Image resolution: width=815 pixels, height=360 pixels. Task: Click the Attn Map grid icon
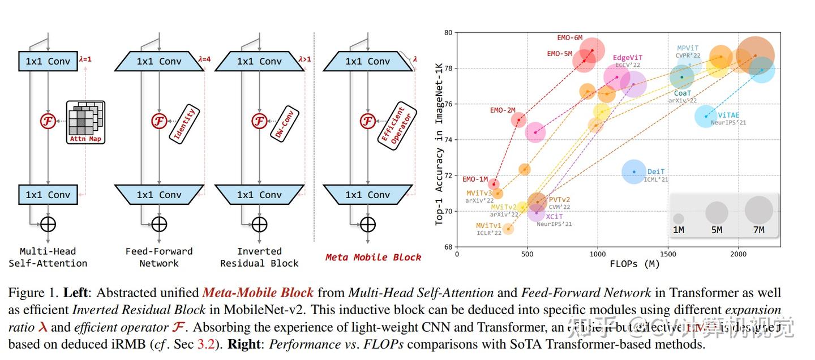85,122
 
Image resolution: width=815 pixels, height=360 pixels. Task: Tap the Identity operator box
185,124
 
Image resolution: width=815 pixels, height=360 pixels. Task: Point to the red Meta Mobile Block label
373,257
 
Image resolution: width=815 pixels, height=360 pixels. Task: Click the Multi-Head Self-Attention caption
48,257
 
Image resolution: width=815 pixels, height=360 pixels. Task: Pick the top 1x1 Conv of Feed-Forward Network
160,61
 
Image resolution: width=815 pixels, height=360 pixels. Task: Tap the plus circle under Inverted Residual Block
259,224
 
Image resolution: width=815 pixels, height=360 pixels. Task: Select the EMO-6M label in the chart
569,38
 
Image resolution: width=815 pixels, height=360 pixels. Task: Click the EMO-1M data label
475,179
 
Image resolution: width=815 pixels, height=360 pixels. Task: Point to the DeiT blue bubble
634,172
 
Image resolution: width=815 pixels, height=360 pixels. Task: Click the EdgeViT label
627,58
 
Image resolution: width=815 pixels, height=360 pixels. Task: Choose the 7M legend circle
759,210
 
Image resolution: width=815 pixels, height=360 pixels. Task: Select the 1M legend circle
679,218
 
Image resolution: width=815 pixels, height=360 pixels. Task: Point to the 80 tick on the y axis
448,33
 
